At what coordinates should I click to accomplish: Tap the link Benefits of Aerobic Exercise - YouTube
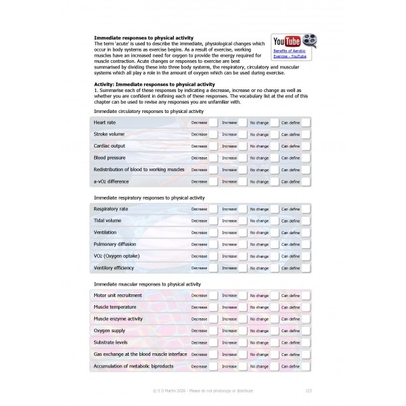(x=290, y=53)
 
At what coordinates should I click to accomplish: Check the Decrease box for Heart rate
(x=213, y=122)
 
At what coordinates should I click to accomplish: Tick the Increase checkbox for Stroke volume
(x=243, y=134)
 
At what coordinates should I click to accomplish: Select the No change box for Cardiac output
(x=274, y=146)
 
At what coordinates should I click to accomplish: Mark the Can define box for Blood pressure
(x=306, y=158)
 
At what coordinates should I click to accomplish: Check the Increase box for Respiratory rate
(x=243, y=209)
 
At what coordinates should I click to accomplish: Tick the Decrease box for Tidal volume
(x=213, y=221)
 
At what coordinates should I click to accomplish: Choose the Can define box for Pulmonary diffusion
(x=306, y=244)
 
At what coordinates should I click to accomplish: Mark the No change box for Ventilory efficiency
(x=274, y=268)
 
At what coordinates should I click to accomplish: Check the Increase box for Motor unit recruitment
(x=243, y=296)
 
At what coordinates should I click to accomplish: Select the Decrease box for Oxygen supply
(x=213, y=331)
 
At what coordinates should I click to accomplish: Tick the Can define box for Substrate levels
(x=306, y=342)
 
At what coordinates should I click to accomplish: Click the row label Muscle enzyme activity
(x=118, y=319)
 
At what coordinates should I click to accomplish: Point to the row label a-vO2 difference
(x=111, y=181)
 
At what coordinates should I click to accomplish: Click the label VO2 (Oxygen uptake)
(x=116, y=256)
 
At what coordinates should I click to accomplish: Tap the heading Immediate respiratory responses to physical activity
(x=149, y=198)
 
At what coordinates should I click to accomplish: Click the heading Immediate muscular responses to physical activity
(x=147, y=284)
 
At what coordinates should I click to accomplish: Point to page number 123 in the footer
(x=309, y=390)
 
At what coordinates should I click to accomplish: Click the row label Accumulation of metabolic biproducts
(x=133, y=366)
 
